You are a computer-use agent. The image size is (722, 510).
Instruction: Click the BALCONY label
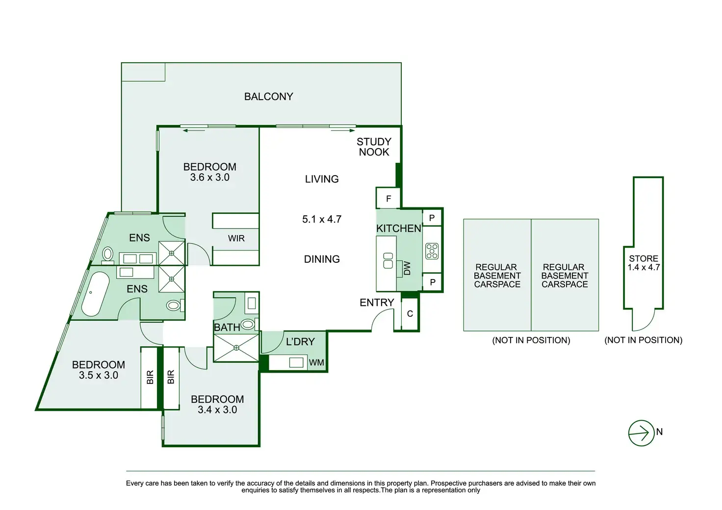[268, 97]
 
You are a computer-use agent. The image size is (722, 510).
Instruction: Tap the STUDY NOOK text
[374, 147]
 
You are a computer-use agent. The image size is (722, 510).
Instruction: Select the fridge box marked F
[388, 198]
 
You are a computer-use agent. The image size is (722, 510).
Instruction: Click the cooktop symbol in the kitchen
[432, 251]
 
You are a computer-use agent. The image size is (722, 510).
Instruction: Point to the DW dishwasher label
[408, 268]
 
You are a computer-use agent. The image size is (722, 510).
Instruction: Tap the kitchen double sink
[388, 260]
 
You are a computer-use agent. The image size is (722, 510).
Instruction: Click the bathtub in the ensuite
[95, 294]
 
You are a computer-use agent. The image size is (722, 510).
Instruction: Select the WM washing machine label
[316, 362]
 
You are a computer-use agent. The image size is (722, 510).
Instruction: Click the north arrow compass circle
[641, 433]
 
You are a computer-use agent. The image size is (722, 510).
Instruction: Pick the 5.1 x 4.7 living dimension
[322, 219]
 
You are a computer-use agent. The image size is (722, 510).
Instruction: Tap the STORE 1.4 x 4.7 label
[644, 263]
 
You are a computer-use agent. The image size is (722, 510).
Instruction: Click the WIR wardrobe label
[236, 238]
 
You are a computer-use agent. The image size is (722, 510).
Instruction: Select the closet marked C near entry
[410, 314]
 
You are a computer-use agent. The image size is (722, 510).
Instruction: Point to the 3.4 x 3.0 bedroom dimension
[217, 410]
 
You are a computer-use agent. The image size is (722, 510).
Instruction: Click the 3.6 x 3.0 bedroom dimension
[210, 177]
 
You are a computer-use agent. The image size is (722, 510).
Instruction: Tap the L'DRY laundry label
[300, 341]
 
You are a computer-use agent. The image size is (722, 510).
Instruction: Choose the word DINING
[322, 259]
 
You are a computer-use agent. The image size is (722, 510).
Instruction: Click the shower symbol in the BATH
[236, 348]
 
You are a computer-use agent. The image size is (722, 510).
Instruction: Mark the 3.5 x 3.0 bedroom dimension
[99, 375]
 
